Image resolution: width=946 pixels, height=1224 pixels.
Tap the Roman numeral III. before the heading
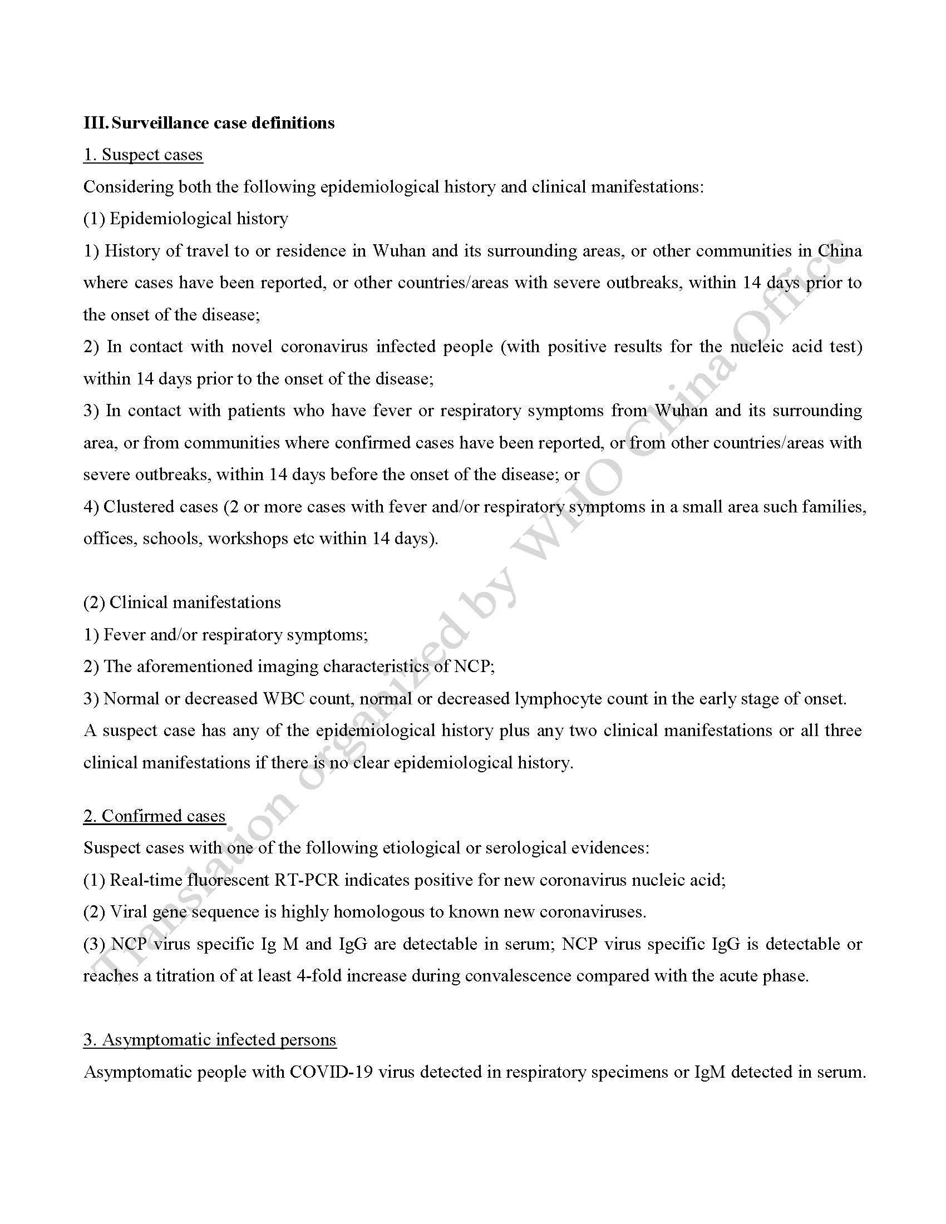coord(96,123)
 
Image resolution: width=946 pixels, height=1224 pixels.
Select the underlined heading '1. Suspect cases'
coord(143,155)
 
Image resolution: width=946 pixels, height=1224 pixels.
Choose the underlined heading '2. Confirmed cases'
coord(154,816)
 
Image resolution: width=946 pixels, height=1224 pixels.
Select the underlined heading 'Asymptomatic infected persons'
coord(219,1040)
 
